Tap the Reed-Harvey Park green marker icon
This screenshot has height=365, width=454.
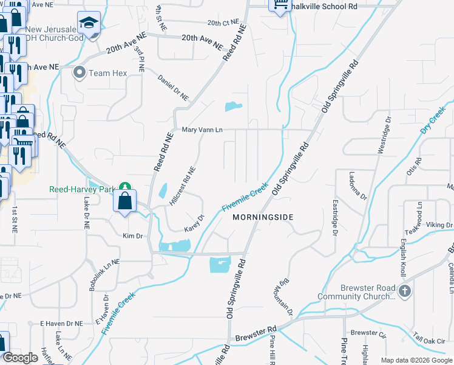pyautogui.click(x=124, y=187)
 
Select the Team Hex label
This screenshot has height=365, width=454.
pyautogui.click(x=107, y=73)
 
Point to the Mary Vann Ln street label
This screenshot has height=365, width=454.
pyautogui.click(x=203, y=130)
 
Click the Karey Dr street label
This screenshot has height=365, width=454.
pyautogui.click(x=194, y=223)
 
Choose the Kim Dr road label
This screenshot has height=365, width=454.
pyautogui.click(x=132, y=235)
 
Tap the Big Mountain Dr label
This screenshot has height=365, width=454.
pyautogui.click(x=286, y=297)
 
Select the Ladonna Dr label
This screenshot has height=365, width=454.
pyautogui.click(x=358, y=186)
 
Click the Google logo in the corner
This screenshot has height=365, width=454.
pyautogui.click(x=20, y=358)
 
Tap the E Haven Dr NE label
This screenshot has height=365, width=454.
pyautogui.click(x=61, y=324)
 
